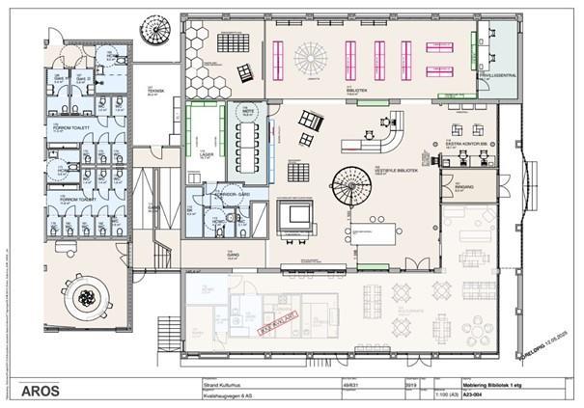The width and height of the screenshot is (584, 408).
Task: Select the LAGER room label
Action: click(206, 151)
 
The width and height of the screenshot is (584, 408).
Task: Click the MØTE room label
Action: click(247, 113)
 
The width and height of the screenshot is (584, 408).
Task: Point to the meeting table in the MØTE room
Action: click(249, 145)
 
